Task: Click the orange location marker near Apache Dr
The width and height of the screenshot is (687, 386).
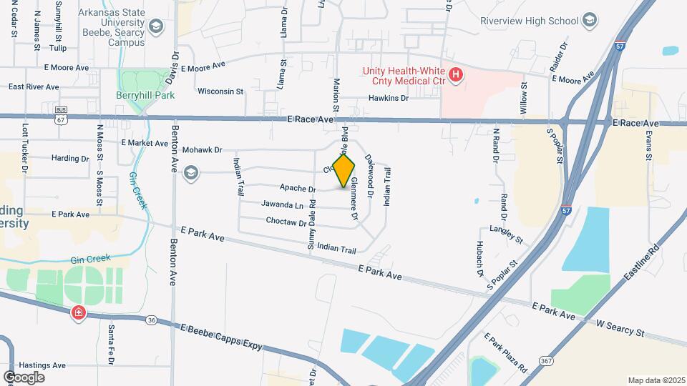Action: click(344, 172)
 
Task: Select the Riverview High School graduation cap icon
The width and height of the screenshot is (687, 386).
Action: click(590, 19)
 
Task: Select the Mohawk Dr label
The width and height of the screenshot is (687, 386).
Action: click(203, 150)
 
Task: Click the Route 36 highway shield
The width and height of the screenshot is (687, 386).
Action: click(152, 320)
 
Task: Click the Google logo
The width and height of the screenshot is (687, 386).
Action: click(24, 377)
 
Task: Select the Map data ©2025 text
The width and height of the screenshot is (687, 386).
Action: click(656, 380)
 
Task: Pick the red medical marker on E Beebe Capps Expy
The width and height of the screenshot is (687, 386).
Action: click(78, 313)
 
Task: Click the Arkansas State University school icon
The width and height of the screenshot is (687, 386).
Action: click(156, 27)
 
